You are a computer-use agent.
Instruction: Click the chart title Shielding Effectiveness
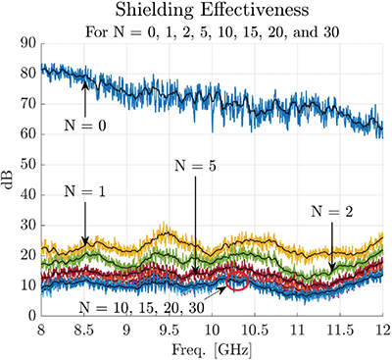coord(211,11)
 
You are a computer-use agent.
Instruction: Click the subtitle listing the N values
coord(211,31)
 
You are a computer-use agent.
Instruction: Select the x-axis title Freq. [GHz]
coord(211,349)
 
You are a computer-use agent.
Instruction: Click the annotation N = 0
coord(86,125)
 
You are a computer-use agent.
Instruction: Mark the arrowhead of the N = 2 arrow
coord(333,269)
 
